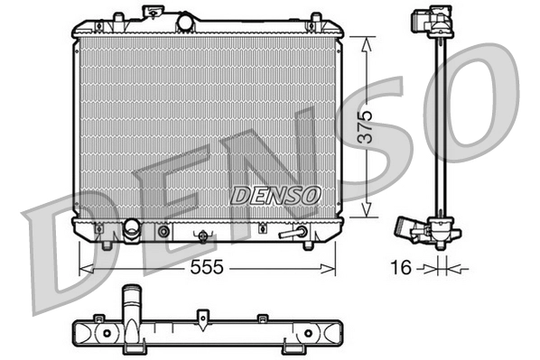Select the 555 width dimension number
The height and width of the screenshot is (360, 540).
coord(206,268)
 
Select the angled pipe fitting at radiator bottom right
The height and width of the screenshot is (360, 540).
coord(292,233)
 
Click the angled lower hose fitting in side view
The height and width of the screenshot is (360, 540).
coord(420,233)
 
